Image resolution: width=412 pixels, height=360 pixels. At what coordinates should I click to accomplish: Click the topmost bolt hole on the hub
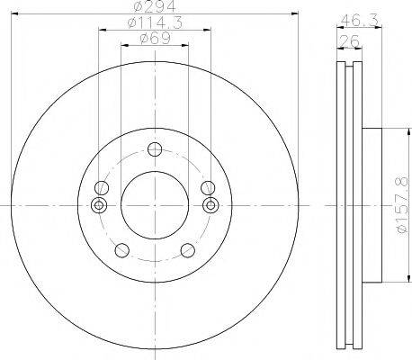point(155,150)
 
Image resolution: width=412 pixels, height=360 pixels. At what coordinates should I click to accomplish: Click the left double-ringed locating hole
point(101,205)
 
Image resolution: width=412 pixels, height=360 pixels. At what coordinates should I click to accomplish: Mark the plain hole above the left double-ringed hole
point(102,188)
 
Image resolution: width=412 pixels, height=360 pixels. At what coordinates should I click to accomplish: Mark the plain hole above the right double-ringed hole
point(208,188)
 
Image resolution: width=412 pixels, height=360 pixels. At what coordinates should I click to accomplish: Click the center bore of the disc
point(155,206)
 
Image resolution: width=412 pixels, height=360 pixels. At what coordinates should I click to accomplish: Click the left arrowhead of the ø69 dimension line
point(124,46)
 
